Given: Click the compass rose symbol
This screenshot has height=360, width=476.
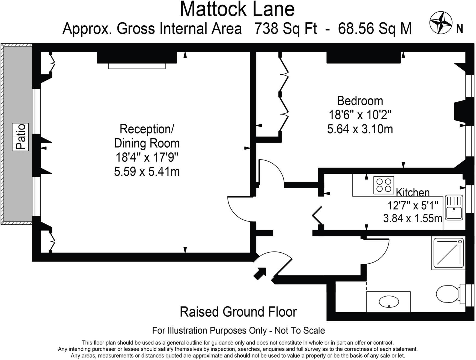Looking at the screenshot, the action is click(x=441, y=23).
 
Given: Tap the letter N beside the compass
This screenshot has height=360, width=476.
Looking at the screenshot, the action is click(x=460, y=28).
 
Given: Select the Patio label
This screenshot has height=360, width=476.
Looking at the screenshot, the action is click(x=21, y=137).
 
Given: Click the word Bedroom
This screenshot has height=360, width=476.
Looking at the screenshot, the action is click(x=360, y=101).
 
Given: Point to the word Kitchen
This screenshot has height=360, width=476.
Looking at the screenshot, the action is click(x=412, y=193).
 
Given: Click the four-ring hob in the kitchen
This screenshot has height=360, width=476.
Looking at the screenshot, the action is click(x=383, y=185).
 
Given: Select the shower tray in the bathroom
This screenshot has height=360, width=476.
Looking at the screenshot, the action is click(x=448, y=253).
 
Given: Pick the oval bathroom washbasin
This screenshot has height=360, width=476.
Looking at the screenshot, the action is click(x=389, y=302).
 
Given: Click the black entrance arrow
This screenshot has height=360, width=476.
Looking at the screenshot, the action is click(x=260, y=273).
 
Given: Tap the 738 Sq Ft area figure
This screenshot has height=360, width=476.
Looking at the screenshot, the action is click(x=285, y=28).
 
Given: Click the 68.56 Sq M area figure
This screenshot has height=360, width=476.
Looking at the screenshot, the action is click(x=374, y=28).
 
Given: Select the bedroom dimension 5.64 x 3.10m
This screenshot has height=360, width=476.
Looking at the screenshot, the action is click(x=360, y=129).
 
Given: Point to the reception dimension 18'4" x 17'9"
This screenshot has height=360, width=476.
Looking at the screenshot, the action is click(x=147, y=157).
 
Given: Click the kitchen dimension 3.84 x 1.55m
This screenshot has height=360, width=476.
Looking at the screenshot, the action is click(x=412, y=218).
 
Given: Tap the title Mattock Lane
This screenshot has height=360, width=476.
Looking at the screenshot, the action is click(x=237, y=10).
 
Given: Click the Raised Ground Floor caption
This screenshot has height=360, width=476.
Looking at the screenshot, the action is click(x=238, y=312).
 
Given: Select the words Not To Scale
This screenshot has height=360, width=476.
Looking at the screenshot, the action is click(x=300, y=331).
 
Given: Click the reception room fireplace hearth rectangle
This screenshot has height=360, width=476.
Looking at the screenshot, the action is click(x=137, y=66).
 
